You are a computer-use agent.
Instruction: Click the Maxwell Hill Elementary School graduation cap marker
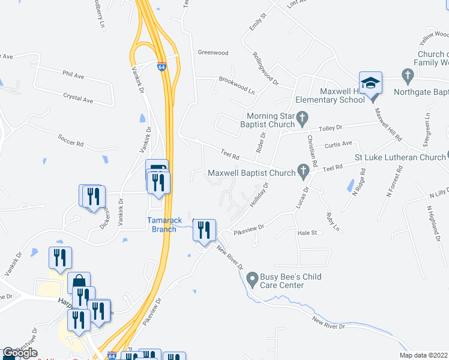[x=370, y=83]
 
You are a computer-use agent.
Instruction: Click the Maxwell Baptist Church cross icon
[x=303, y=173]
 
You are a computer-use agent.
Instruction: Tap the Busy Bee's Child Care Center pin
[x=252, y=277]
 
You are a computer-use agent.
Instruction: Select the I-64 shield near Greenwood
[x=162, y=68]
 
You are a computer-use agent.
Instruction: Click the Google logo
[x=20, y=353]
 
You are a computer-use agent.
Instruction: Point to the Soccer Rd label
[x=70, y=137]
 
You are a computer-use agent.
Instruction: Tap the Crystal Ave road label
[x=79, y=97]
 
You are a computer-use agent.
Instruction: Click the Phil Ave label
[x=73, y=75]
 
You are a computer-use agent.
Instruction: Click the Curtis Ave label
[x=338, y=144]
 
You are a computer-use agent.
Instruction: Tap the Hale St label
[x=307, y=232]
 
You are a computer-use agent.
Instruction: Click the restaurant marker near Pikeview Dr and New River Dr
[x=204, y=230]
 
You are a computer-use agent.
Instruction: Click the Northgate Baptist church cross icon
[x=408, y=76]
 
